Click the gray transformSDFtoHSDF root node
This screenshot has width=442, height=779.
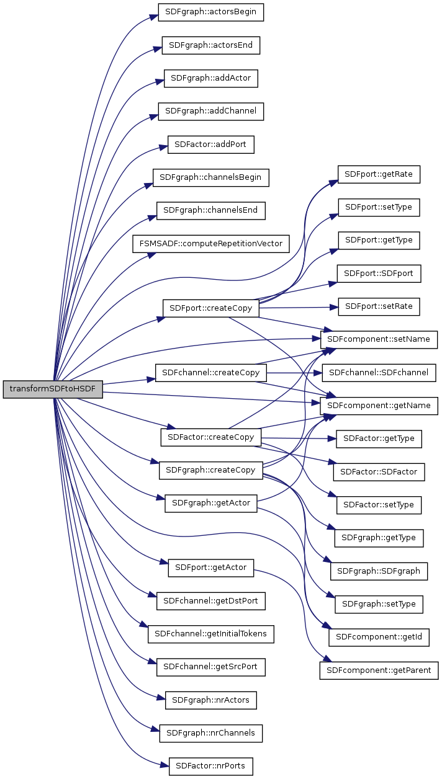[x=53, y=389]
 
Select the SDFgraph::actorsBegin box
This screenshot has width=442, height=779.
[x=211, y=12]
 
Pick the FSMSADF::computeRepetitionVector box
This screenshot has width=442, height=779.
[x=211, y=244]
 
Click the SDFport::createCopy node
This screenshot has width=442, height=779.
[x=211, y=309]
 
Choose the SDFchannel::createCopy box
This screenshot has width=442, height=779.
[x=211, y=373]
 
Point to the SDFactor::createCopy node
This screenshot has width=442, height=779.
[x=211, y=437]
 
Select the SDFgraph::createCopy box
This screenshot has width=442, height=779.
[x=211, y=470]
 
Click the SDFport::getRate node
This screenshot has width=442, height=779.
[x=379, y=175]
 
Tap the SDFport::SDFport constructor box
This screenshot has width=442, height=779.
[x=379, y=273]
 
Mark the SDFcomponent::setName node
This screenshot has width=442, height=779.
[x=379, y=340]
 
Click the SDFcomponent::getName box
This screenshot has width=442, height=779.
[x=379, y=406]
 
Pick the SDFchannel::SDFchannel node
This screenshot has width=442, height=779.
[x=379, y=373]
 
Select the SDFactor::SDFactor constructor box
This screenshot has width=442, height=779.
[x=379, y=472]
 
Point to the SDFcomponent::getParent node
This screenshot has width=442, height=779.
[x=379, y=670]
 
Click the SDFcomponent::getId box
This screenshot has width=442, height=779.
[x=379, y=637]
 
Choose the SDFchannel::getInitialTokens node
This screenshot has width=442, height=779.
[x=211, y=634]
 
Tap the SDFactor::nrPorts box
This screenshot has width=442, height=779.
[x=211, y=766]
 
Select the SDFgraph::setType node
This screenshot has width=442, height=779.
[x=379, y=603]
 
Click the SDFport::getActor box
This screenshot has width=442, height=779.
[x=211, y=568]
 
